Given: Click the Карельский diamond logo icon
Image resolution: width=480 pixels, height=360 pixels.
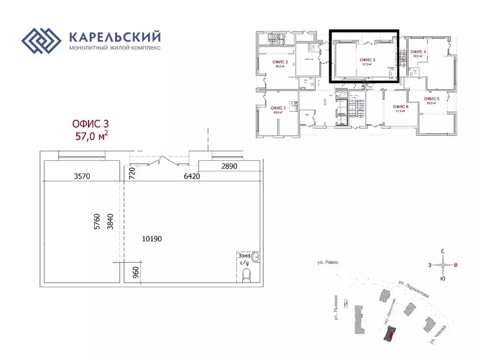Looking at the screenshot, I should click(42, 42).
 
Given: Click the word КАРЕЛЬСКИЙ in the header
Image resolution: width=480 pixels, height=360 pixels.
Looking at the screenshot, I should click(115, 37).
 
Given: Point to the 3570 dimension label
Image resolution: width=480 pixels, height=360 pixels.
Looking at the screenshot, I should click(82, 176).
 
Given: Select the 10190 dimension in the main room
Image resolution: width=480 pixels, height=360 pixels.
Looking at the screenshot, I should click(152, 239).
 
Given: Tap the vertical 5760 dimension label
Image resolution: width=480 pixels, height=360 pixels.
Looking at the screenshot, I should click(97, 221).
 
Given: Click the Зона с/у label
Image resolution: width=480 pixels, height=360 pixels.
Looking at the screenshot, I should click(244, 259).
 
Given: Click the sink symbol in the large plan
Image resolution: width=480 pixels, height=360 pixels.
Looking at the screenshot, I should click(255, 257).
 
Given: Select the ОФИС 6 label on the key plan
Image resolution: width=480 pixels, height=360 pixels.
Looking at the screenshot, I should click(401, 107).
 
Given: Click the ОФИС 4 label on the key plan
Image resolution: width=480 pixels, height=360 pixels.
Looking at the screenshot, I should click(418, 52).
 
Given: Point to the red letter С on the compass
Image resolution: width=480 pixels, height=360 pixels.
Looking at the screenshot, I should click(442, 252).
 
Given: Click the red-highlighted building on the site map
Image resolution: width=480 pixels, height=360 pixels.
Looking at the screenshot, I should click(390, 333).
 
